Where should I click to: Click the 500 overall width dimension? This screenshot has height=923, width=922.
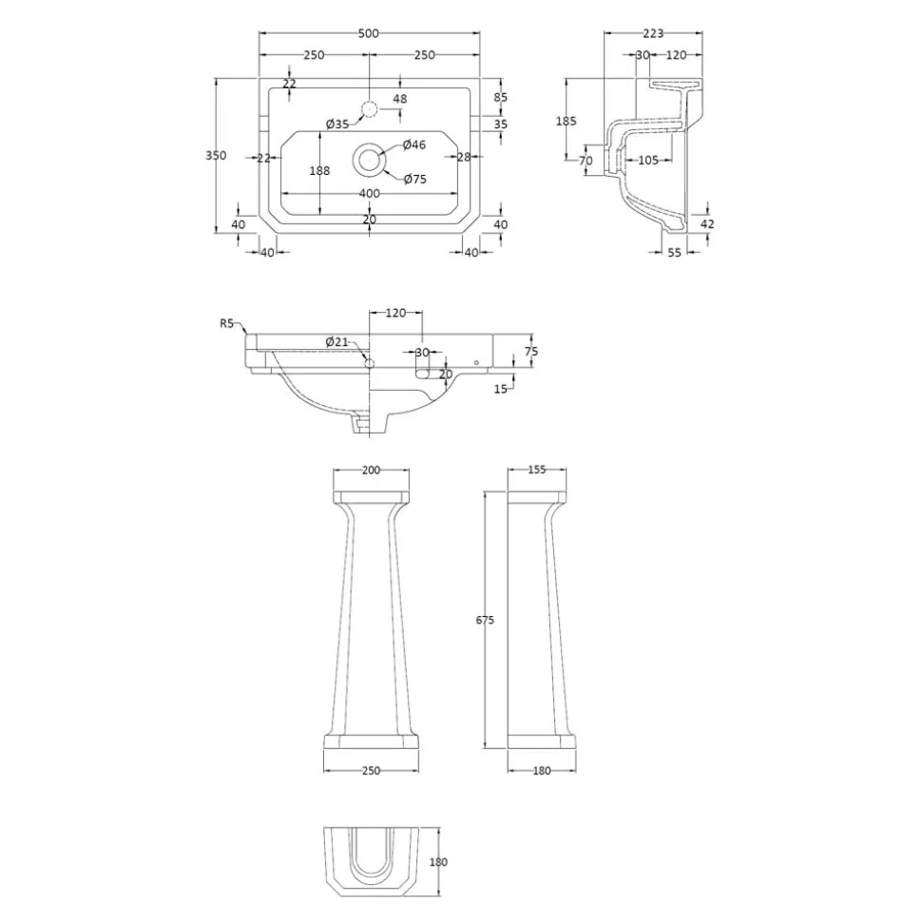coord(369,33)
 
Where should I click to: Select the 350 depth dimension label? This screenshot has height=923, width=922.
coord(216,155)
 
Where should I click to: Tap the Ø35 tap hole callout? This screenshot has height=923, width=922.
coord(338,124)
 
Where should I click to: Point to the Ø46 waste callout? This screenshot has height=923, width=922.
coord(414,144)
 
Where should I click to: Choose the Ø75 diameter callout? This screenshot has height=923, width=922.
coord(415,179)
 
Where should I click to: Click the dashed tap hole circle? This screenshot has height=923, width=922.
coord(369,109)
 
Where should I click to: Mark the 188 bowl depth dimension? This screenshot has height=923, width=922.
coord(319,171)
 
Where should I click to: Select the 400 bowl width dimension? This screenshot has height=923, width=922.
coord(369,193)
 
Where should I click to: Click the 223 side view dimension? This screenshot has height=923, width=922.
coord(653,33)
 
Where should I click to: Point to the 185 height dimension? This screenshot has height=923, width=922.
coord(566,122)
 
